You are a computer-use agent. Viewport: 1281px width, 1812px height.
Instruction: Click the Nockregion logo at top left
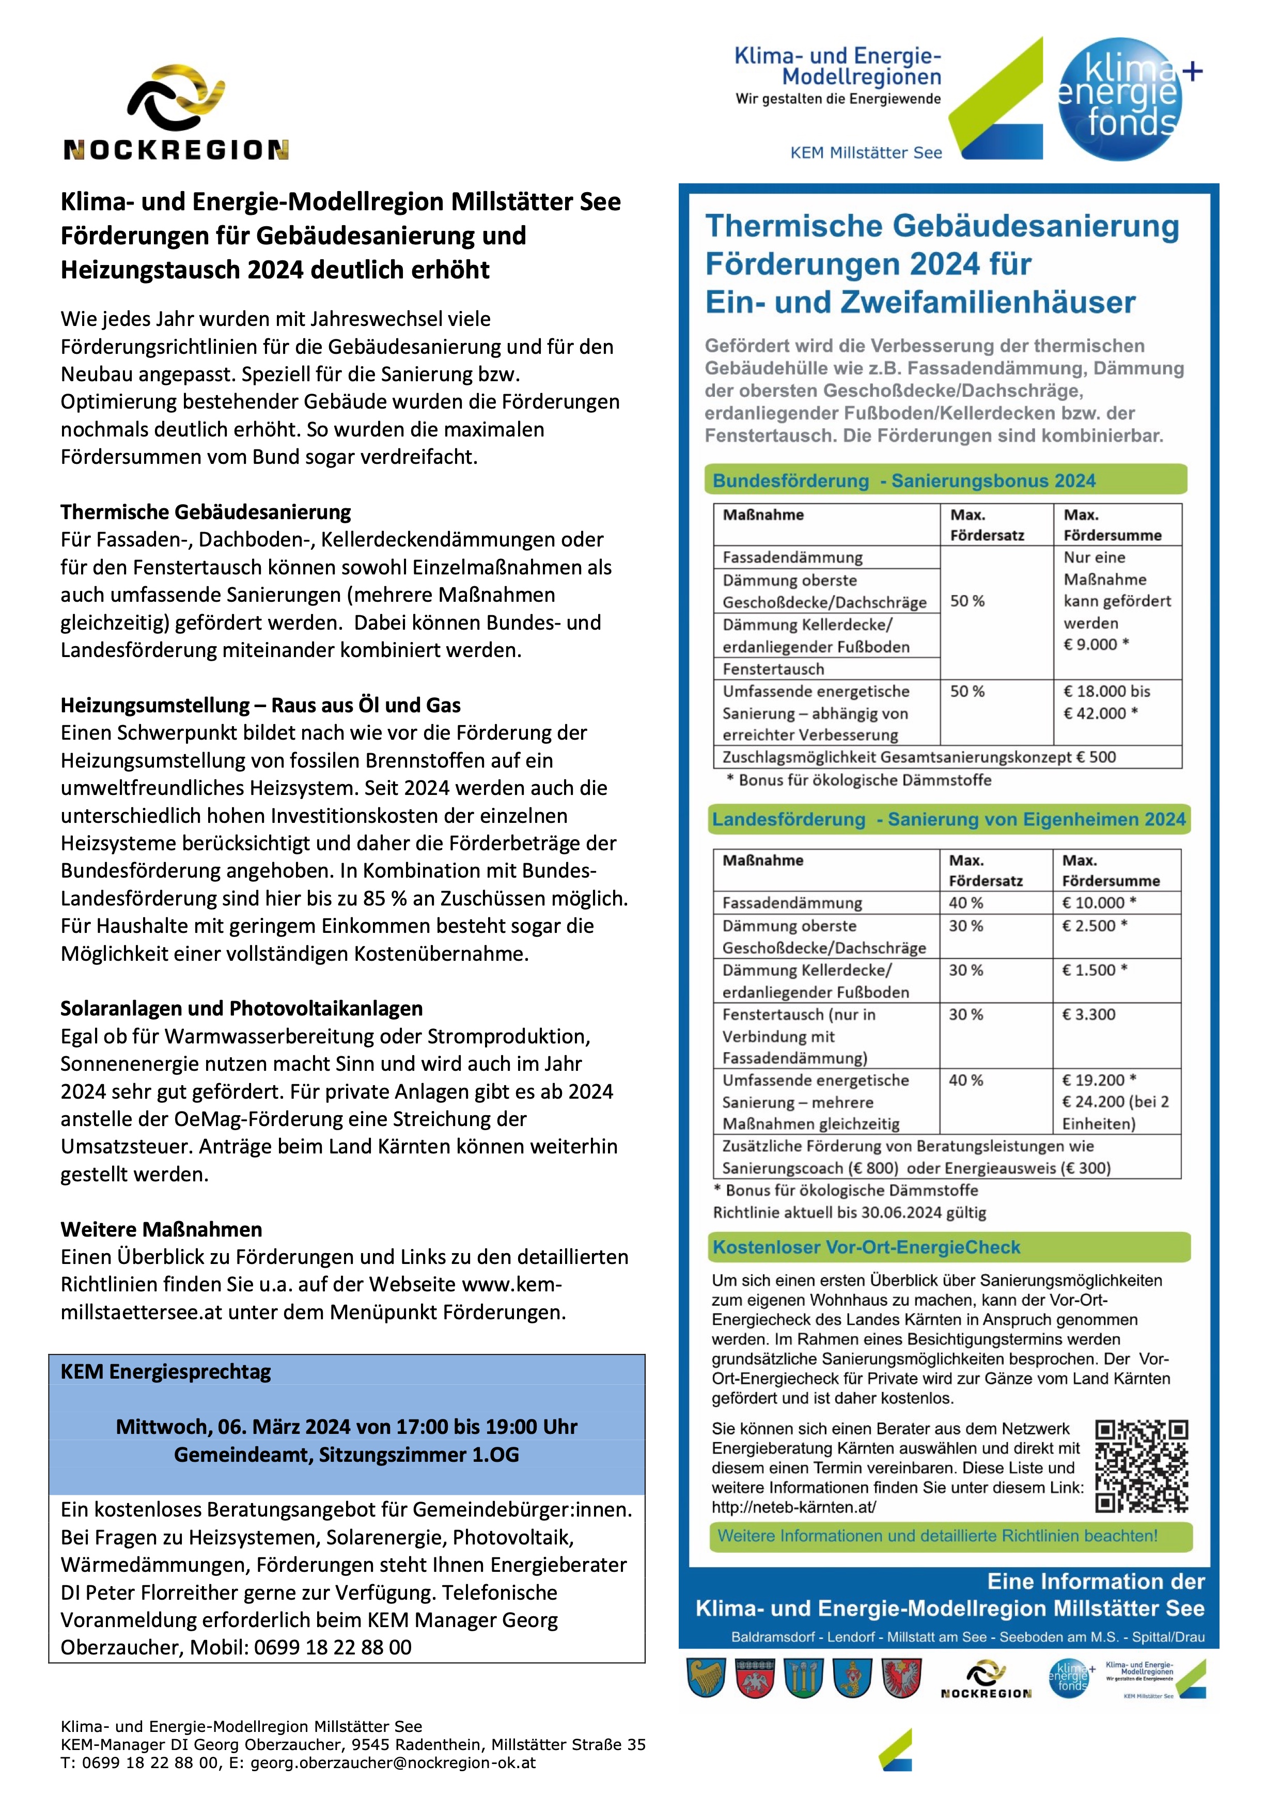[x=176, y=113]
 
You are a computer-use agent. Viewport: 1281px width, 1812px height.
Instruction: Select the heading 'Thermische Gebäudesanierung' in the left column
[x=206, y=512]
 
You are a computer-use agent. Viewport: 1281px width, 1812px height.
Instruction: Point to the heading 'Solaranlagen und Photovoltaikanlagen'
[x=242, y=1009]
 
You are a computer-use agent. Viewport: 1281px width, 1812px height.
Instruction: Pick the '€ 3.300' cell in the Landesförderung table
[x=1089, y=1015]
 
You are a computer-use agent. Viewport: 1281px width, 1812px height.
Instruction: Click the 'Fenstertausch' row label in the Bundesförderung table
[x=773, y=669]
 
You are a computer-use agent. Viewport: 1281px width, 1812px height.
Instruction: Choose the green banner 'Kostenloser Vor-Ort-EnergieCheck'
[x=867, y=1248]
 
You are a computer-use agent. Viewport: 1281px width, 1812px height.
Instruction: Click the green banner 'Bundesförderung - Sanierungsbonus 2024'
[x=904, y=480]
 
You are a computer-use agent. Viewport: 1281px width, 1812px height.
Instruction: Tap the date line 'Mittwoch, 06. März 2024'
[x=347, y=1427]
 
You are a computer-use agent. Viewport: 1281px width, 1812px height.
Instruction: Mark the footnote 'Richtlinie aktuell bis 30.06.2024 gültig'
[x=849, y=1213]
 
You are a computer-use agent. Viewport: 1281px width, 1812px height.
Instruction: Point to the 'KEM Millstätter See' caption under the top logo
[x=866, y=153]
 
